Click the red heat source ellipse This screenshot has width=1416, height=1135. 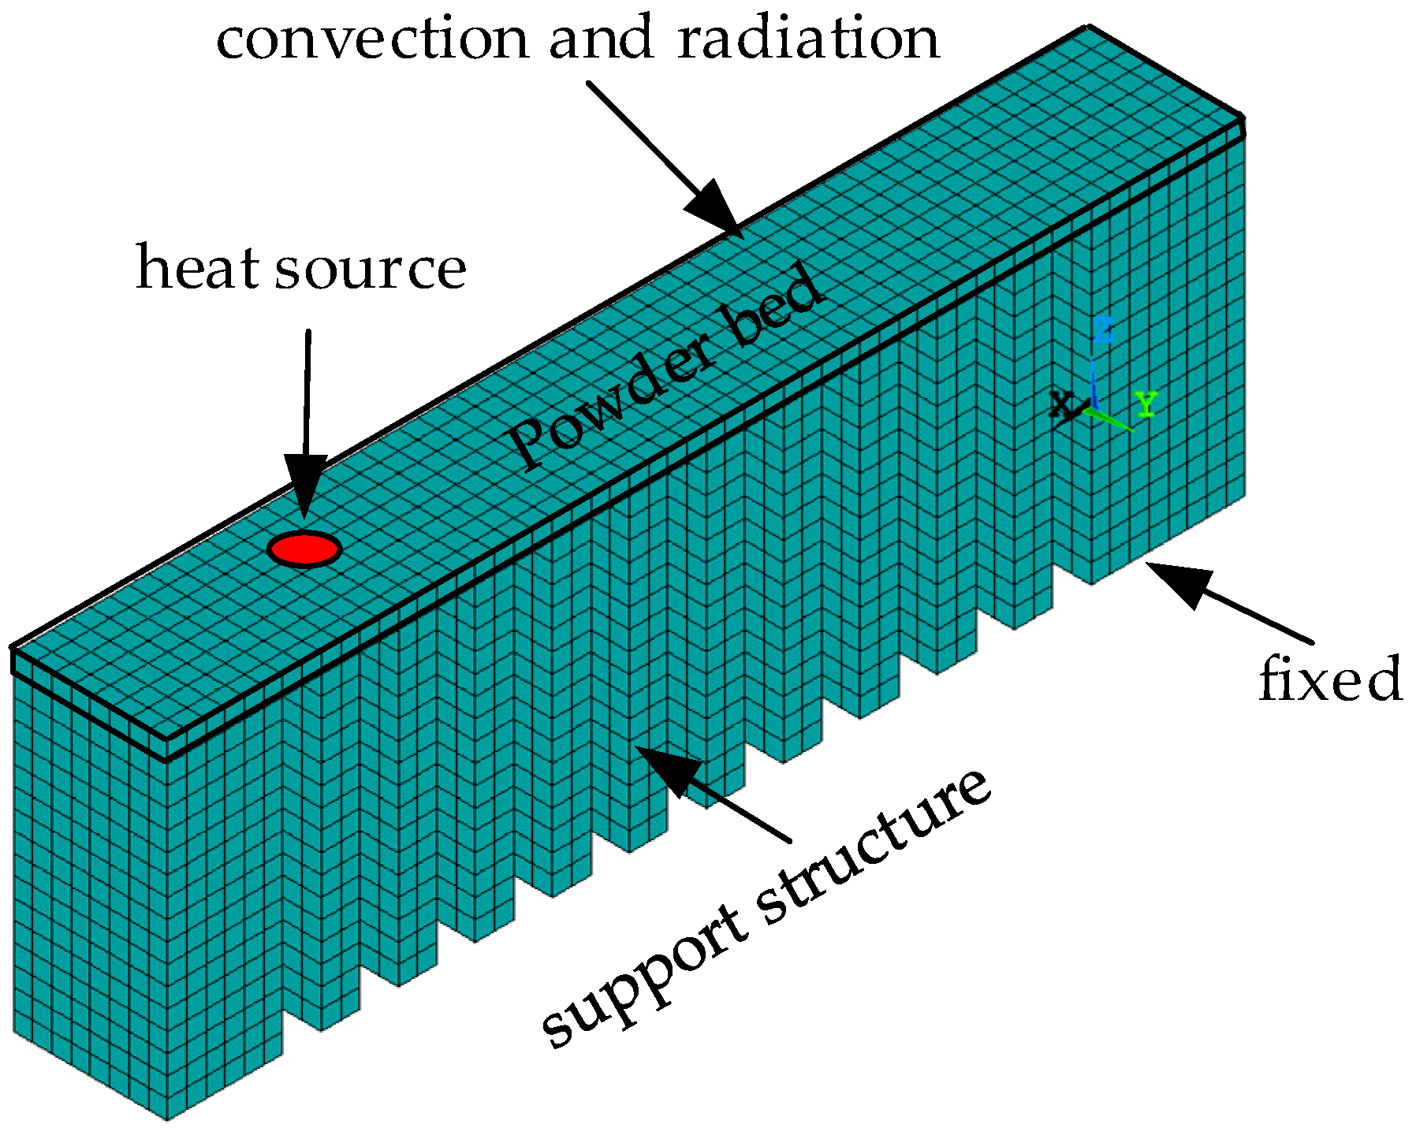pyautogui.click(x=304, y=549)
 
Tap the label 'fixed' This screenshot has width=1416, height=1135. pyautogui.click(x=1330, y=679)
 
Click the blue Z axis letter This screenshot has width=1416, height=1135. pyautogui.click(x=1104, y=330)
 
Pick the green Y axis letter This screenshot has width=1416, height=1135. pyautogui.click(x=1146, y=404)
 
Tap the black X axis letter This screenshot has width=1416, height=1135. pyautogui.click(x=1063, y=406)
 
